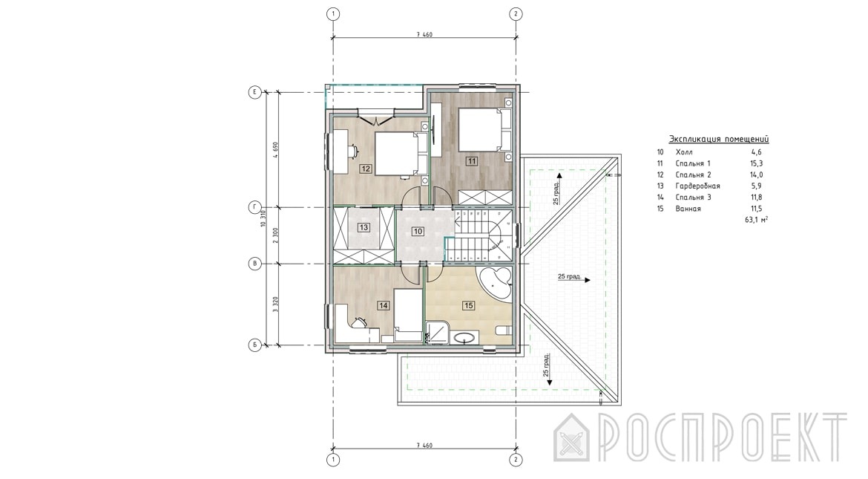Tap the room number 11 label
(472, 161)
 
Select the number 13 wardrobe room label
(364, 227)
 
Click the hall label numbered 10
(418, 231)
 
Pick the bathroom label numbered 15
(469, 305)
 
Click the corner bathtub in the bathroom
(496, 283)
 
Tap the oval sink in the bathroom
(464, 337)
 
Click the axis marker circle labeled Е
(254, 93)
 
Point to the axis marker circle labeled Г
(254, 207)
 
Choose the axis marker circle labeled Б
(254, 345)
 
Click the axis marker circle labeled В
(254, 264)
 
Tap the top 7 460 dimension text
(424, 34)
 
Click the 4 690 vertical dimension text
(275, 150)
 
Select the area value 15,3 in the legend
(756, 163)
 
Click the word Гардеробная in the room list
(697, 186)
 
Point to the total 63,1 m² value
(757, 220)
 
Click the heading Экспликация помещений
(719, 139)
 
